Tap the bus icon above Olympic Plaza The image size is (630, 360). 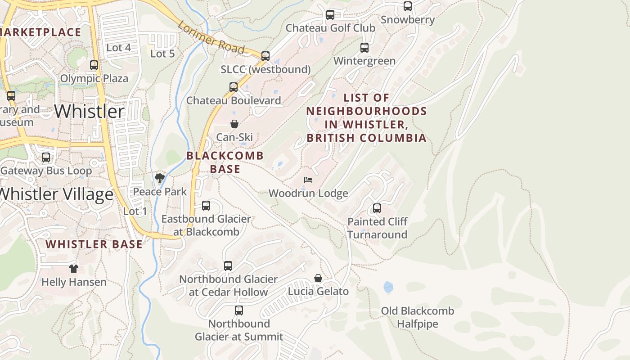(94, 65)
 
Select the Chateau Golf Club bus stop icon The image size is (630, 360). (330, 15)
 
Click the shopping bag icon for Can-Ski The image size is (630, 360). (234, 124)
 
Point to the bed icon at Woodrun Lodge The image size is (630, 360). (308, 180)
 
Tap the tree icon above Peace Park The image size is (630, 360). (159, 178)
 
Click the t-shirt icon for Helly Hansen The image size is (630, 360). (74, 269)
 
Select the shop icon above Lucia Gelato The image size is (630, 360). (318, 278)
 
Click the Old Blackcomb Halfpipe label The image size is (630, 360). (417, 317)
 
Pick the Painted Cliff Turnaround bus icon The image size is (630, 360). (377, 208)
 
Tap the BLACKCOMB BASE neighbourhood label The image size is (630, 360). (225, 162)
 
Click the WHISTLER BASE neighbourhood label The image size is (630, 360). (94, 244)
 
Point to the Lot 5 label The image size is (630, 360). (162, 54)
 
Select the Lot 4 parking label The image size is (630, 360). (118, 47)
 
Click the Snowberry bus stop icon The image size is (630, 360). (408, 6)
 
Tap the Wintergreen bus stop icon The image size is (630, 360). (364, 48)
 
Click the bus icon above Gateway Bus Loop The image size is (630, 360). (46, 157)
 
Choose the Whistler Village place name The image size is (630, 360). (56, 194)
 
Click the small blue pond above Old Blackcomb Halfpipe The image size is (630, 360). (388, 287)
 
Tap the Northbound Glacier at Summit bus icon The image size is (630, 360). (239, 310)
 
